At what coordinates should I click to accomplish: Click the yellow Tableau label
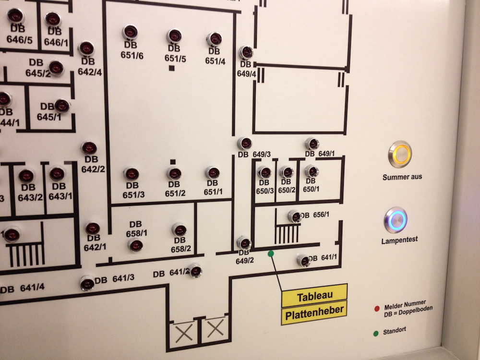(x=314, y=297)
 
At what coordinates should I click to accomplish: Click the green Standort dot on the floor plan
(x=271, y=253)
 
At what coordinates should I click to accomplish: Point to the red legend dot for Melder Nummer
(x=377, y=308)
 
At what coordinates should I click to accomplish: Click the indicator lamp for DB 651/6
(x=130, y=33)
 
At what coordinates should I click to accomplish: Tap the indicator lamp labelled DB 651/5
(x=174, y=36)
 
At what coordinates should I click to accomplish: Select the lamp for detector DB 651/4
(x=214, y=39)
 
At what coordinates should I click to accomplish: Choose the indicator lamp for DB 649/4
(x=246, y=52)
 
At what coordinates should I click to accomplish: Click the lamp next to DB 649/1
(x=312, y=144)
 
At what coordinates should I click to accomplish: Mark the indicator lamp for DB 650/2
(x=287, y=172)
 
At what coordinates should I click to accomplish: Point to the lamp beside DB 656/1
(x=295, y=216)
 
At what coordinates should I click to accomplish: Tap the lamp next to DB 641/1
(x=303, y=261)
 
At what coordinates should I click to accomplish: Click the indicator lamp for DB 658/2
(x=179, y=230)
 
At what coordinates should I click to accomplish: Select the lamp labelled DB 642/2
(x=89, y=148)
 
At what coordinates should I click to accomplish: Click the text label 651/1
(x=213, y=192)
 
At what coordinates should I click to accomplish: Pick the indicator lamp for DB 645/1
(x=62, y=106)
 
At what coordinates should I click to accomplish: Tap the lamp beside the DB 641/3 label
(x=87, y=283)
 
